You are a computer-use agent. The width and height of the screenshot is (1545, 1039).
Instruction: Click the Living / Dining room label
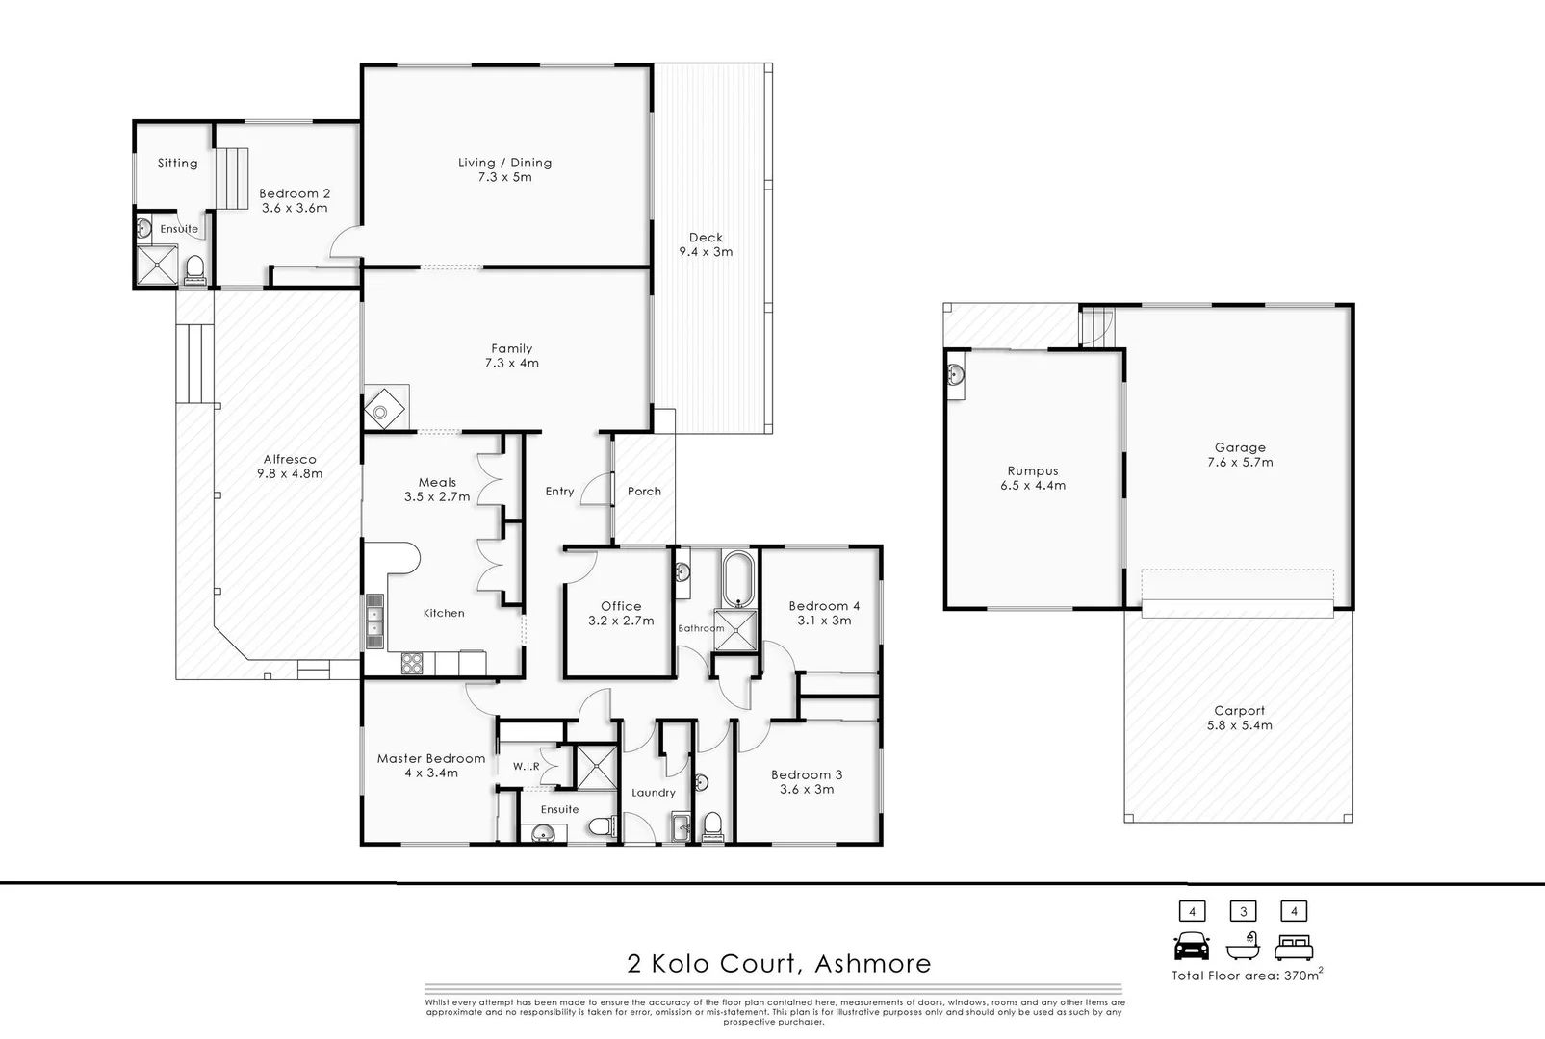504,163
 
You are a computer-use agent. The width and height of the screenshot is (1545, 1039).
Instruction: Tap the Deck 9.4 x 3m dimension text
706,252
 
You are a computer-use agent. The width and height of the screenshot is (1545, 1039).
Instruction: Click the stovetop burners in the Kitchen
411,663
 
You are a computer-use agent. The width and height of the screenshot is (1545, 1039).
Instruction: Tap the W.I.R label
526,767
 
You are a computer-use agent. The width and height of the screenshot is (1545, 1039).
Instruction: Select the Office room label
621,606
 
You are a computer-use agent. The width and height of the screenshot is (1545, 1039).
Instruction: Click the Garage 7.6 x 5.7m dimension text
1240,463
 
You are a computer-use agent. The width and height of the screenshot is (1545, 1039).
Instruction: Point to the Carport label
1239,711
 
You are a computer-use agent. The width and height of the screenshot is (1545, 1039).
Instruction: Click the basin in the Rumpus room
956,375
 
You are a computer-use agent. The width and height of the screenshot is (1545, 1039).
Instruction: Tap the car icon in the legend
1192,948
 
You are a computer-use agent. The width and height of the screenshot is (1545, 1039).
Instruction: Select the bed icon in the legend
1294,949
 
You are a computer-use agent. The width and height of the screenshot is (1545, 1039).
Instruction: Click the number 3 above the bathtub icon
1243,911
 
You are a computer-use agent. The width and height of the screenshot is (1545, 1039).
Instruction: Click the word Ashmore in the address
872,963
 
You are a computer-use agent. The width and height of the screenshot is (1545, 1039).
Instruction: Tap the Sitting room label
178,164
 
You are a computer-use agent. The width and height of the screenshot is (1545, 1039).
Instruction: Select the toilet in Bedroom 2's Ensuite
194,268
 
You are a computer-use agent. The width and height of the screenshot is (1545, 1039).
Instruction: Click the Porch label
644,491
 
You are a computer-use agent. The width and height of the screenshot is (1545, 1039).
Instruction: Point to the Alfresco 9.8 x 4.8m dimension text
289,473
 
